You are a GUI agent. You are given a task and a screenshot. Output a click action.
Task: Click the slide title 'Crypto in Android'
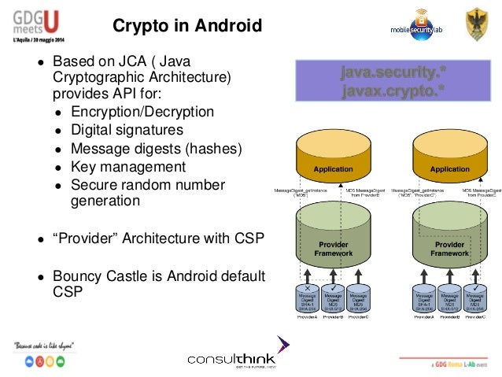[187, 27]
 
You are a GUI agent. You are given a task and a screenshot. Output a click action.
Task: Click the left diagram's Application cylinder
[334, 161]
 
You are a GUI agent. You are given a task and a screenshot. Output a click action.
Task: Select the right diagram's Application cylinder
[449, 161]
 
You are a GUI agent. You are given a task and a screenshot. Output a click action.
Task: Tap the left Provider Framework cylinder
[332, 240]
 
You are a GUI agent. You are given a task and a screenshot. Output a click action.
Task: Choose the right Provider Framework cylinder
[449, 240]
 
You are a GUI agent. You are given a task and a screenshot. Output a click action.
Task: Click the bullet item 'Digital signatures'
[127, 129]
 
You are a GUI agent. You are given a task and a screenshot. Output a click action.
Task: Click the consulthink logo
[235, 359]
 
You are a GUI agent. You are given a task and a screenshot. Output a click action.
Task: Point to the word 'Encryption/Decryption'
[142, 111]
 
